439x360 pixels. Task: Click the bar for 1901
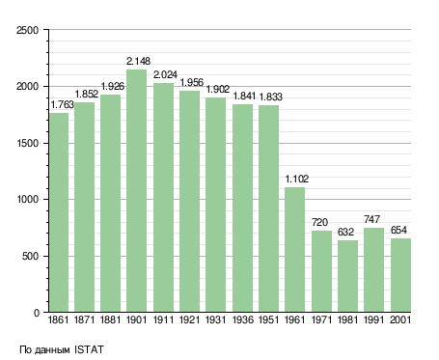[x=136, y=190]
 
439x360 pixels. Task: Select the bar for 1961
[x=294, y=250]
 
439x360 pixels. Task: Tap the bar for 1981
[x=347, y=276]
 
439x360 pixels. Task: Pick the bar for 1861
[x=59, y=212]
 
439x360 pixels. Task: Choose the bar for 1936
[x=242, y=208]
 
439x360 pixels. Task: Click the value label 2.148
[x=138, y=61]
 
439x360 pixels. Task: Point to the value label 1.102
[x=297, y=179]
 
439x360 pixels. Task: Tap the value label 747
[x=371, y=219]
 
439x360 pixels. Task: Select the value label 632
[x=345, y=232]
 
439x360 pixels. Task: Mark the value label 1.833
[x=270, y=97]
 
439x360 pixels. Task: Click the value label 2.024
[x=165, y=74]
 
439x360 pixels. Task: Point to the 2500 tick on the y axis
[x=27, y=30]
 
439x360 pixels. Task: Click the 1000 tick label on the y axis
[x=27, y=200]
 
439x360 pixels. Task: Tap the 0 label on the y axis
[x=37, y=313]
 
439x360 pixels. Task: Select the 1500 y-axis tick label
[x=27, y=143]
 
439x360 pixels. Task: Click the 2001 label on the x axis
[x=400, y=319]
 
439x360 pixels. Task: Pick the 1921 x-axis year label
[x=189, y=319]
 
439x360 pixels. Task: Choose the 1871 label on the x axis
[x=84, y=319]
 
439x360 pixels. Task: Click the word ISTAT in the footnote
[x=89, y=349]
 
